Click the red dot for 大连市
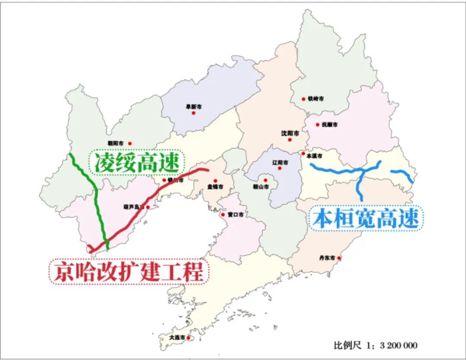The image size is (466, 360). pyautogui.click(x=189, y=338)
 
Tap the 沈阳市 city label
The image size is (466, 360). pyautogui.click(x=289, y=134)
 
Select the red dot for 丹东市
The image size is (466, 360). pyautogui.click(x=340, y=258)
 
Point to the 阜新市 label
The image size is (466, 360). pyautogui.click(x=193, y=106)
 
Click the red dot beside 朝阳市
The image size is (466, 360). pyautogui.click(x=130, y=144)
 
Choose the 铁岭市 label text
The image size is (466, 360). pyautogui.click(x=315, y=99)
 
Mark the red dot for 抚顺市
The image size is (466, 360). pyautogui.click(x=318, y=125)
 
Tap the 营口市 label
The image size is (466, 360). pyautogui.click(x=235, y=214)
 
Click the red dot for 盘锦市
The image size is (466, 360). pyautogui.click(x=215, y=181)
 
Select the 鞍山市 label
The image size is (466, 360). pyautogui.click(x=261, y=187)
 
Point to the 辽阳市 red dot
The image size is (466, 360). pyautogui.click(x=280, y=168)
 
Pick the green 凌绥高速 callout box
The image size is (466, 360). pyautogui.click(x=136, y=163)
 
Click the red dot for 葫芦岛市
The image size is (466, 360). pyautogui.click(x=148, y=207)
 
